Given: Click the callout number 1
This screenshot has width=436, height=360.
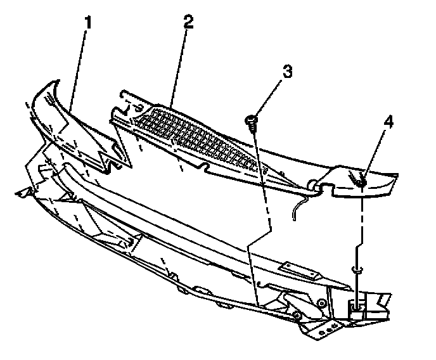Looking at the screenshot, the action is pyautogui.click(x=88, y=23).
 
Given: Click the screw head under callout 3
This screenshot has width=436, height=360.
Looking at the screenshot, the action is pyautogui.click(x=252, y=118).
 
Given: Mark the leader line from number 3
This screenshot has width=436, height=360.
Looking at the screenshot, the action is pyautogui.click(x=269, y=95).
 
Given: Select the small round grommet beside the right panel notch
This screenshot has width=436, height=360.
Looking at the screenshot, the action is pyautogui.click(x=312, y=184).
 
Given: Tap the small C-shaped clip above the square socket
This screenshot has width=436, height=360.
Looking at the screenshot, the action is pyautogui.click(x=359, y=269).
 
